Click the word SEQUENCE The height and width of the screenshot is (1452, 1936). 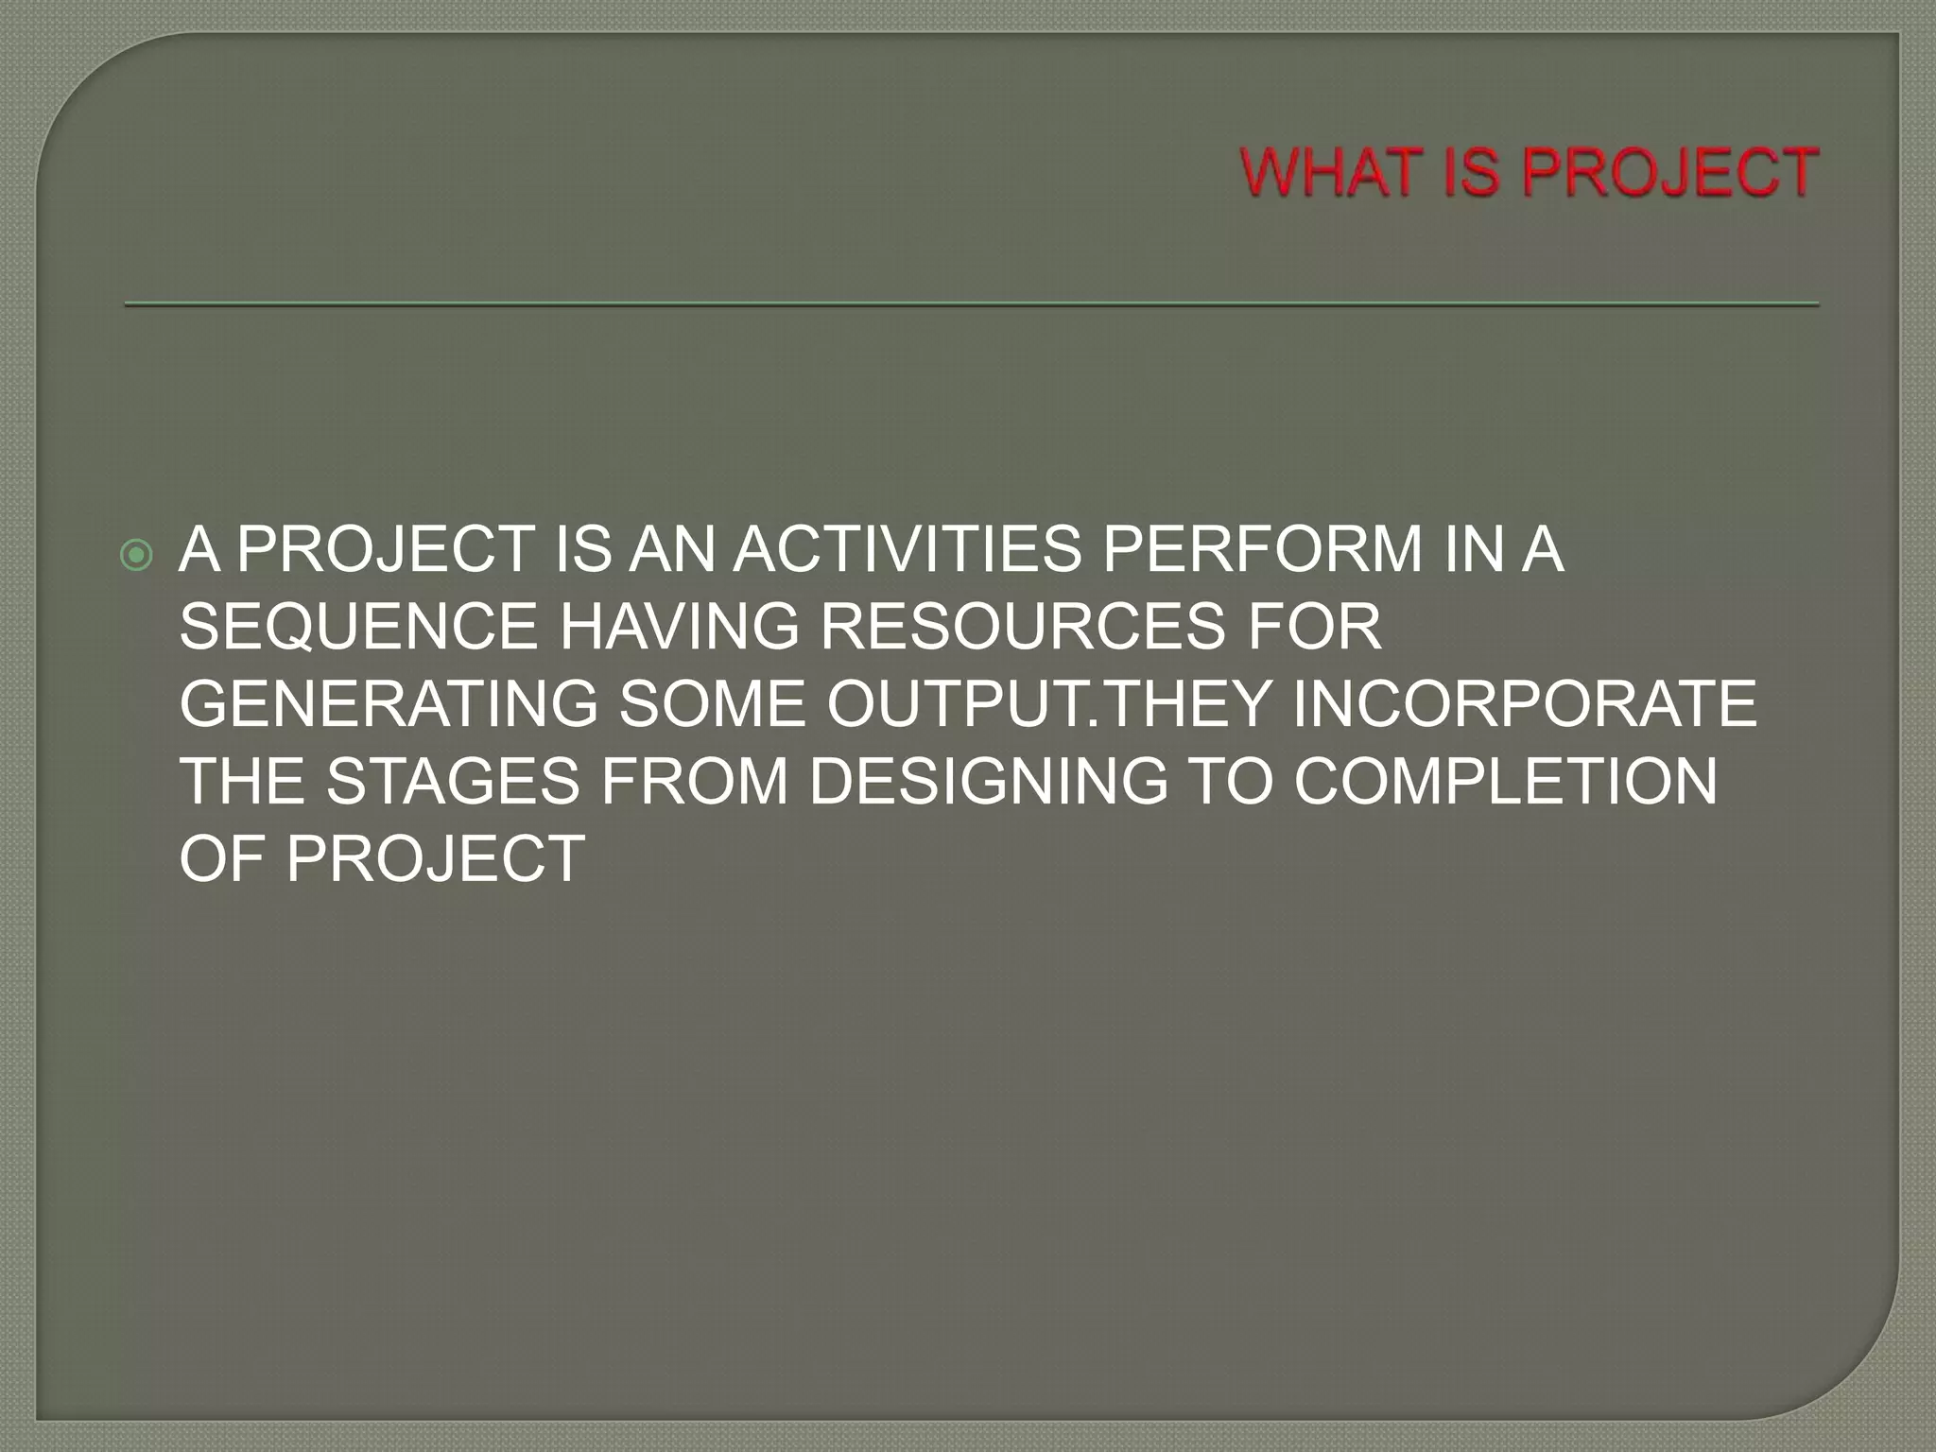(358, 627)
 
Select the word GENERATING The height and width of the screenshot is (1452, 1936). (389, 704)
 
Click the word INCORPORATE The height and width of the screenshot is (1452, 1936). (1524, 704)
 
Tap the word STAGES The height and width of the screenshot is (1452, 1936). (453, 782)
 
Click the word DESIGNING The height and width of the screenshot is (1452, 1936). (989, 782)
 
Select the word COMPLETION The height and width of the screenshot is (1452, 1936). (1505, 782)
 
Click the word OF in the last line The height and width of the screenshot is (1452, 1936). (220, 859)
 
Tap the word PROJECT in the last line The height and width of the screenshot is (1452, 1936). (436, 859)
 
